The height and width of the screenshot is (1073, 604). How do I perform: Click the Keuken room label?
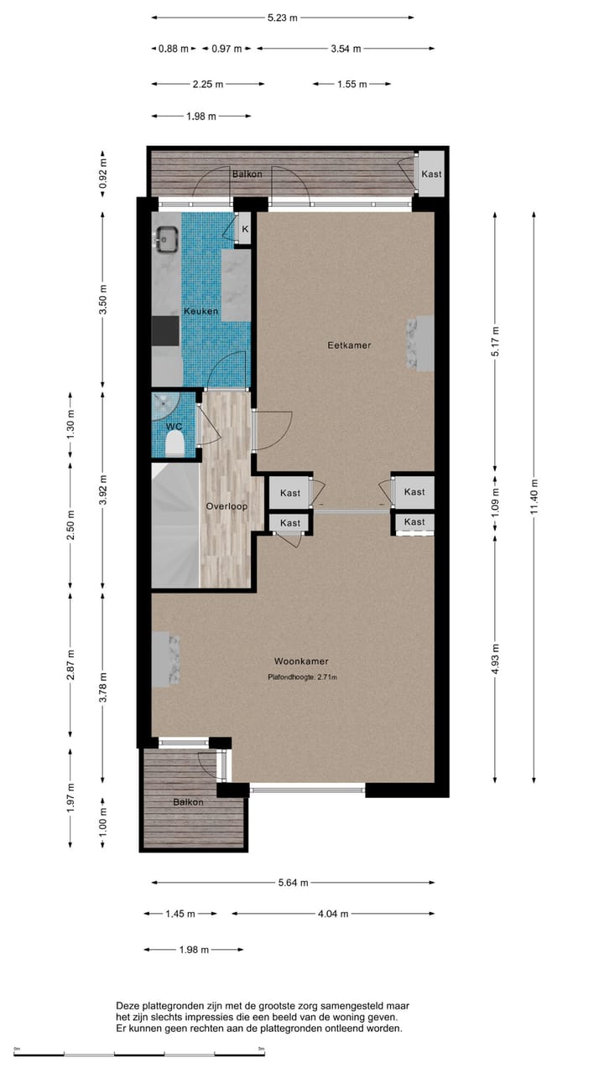[201, 312]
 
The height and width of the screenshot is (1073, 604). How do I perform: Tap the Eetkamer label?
[349, 345]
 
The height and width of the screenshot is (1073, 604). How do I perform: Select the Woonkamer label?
[301, 661]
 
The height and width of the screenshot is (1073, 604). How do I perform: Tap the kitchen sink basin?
[165, 239]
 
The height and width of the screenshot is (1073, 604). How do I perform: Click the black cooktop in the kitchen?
[165, 331]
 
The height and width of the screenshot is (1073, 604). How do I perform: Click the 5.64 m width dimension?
[293, 883]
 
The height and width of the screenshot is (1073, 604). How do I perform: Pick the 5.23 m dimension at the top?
[283, 18]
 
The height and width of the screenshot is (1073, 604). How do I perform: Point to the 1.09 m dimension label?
[494, 500]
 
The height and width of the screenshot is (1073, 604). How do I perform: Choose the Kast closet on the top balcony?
[432, 174]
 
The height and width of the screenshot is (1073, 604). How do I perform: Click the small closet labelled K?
[245, 229]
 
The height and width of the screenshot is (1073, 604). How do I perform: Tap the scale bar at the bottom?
[139, 1054]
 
